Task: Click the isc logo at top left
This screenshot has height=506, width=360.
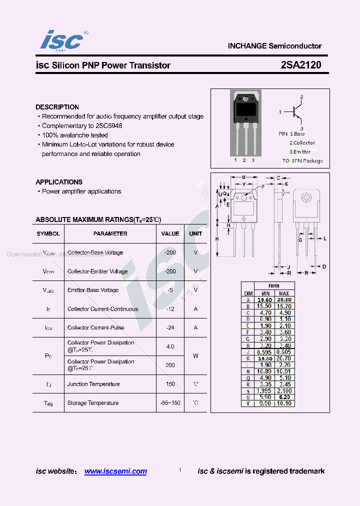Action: (61, 40)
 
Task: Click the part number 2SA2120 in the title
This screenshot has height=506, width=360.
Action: (301, 65)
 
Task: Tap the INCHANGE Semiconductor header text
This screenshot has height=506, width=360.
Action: (274, 46)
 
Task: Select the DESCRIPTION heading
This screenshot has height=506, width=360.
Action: (57, 107)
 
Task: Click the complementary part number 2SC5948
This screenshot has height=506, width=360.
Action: (108, 126)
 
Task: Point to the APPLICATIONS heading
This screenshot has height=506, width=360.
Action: (59, 182)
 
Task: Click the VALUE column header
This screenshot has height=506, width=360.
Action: (170, 233)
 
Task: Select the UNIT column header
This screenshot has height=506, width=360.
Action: (195, 233)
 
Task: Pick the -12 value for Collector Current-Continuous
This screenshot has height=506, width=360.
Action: (170, 309)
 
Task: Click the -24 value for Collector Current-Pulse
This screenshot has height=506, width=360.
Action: (170, 327)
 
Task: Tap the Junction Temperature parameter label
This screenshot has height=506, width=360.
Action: (93, 384)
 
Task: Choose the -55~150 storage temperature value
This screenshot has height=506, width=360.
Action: (170, 402)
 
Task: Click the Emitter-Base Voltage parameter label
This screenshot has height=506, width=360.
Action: (93, 290)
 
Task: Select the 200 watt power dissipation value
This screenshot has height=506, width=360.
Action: (170, 365)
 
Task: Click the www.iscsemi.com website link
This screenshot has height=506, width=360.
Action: (115, 471)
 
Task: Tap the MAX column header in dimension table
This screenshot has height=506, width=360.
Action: (283, 293)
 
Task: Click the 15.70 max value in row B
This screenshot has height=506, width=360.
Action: (283, 306)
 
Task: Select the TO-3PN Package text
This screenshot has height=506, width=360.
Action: (302, 161)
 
